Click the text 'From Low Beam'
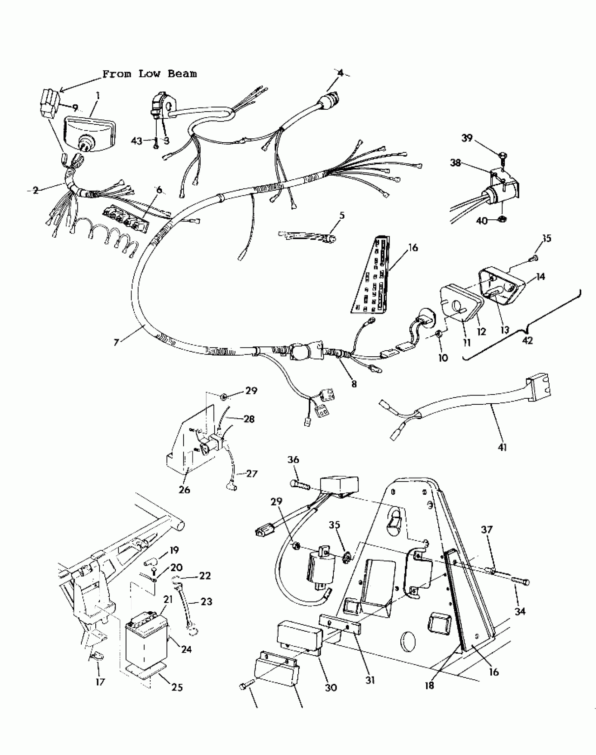point(149,74)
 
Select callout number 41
point(502,447)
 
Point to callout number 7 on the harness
point(116,342)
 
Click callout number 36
point(293,459)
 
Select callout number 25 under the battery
point(177,687)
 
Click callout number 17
point(100,682)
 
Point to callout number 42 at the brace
point(527,340)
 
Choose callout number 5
point(342,215)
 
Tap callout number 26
point(184,489)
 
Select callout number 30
point(331,687)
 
